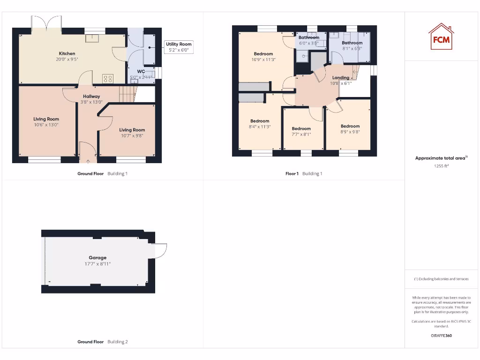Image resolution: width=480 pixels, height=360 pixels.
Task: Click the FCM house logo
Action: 441,37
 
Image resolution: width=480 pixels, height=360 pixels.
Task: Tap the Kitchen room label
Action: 67,53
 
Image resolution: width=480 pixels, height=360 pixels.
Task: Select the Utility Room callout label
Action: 179,44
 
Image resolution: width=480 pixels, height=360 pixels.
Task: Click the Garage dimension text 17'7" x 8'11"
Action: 97,264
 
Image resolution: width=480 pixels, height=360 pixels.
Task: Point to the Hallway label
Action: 91,96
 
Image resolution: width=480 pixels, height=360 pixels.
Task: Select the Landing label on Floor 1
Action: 341,78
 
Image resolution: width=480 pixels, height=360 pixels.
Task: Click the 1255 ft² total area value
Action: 441,165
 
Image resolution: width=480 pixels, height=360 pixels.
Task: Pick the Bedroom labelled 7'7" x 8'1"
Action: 301,128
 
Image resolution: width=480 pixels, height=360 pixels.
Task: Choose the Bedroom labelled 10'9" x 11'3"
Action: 263,54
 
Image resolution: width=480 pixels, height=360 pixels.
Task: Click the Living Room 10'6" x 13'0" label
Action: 46,119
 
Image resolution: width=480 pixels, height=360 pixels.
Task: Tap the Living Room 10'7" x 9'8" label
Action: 132,130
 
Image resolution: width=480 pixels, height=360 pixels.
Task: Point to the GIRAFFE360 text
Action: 441,336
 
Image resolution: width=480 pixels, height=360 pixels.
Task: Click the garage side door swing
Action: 159,251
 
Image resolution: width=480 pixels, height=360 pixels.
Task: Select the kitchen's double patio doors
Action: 46,23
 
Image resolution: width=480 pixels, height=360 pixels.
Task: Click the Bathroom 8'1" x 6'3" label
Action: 352,43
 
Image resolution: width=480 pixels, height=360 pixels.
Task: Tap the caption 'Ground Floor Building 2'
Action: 102,342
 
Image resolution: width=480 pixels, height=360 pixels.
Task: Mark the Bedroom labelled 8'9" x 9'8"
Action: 350,126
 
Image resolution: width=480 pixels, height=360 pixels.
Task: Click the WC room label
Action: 141,72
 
